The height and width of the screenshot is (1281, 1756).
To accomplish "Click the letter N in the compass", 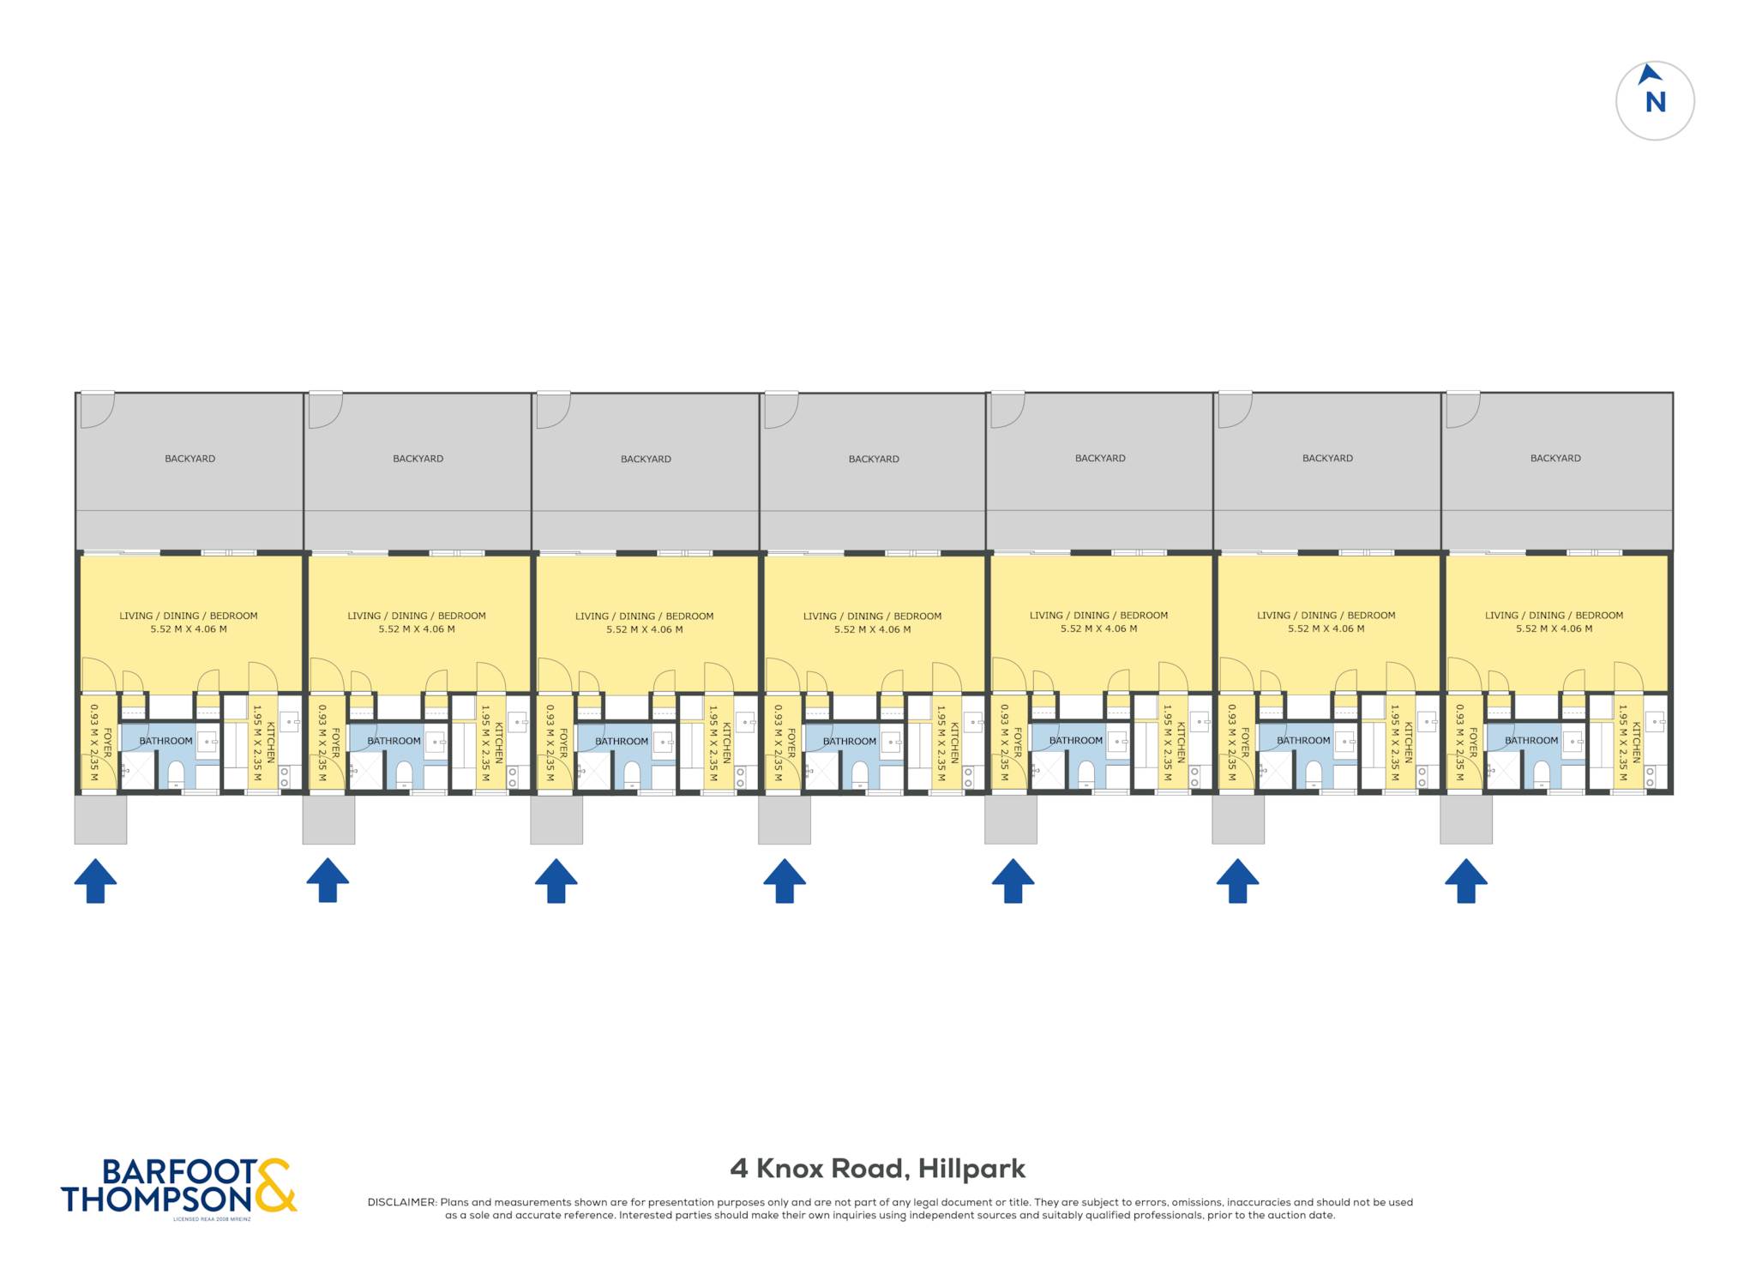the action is (1655, 102).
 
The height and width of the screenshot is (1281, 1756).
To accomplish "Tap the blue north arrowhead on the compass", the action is (1648, 75).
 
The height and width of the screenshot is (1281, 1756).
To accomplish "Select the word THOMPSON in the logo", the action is (157, 1199).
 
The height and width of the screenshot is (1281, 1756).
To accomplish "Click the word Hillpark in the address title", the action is (971, 1169).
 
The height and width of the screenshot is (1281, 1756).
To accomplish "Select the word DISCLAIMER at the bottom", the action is (401, 1202).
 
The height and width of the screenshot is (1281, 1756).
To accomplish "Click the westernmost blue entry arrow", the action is (95, 881).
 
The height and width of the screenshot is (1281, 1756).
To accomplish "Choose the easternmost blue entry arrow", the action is (1465, 881).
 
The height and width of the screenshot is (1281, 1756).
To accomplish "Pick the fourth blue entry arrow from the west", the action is (785, 881).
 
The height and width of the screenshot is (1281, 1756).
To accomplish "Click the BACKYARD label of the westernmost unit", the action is (190, 459).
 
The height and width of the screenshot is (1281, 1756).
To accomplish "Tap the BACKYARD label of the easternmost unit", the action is (1555, 458).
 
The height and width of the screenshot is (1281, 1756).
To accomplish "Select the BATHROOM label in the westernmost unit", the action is (166, 741).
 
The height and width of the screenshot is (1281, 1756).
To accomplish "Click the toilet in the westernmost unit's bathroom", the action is (176, 773).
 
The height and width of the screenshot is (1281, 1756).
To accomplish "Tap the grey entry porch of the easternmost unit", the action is (1466, 819).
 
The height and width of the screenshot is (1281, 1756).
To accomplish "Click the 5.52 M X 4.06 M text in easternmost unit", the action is (1554, 628).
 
